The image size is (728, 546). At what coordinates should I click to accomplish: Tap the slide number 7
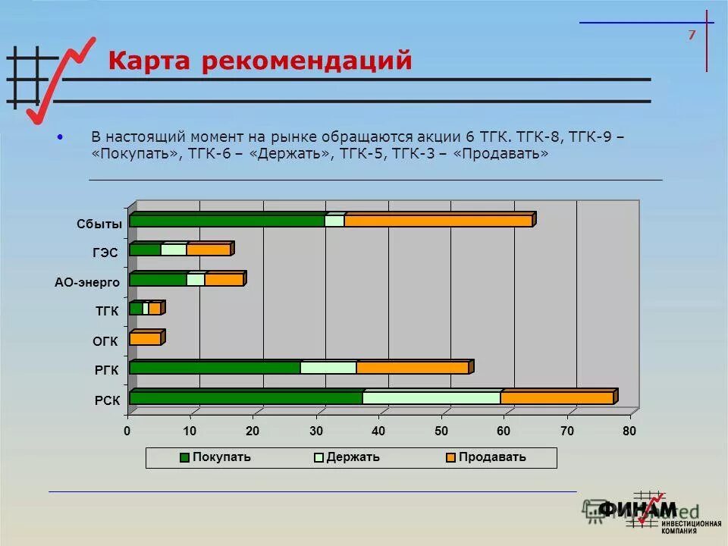click(691, 35)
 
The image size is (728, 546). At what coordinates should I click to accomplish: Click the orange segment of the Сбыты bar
click(438, 221)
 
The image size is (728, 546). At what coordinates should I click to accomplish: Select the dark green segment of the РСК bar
click(245, 398)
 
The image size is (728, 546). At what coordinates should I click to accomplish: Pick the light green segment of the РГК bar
click(328, 368)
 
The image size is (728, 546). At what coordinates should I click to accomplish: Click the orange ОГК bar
click(145, 339)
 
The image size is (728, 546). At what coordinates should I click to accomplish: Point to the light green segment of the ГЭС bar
click(173, 249)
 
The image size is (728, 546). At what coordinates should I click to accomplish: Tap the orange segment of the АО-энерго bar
click(223, 280)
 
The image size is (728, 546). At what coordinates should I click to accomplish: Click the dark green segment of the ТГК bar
click(136, 309)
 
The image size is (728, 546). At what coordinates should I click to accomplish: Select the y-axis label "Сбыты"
click(99, 224)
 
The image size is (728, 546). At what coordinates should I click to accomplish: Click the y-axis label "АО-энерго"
click(86, 282)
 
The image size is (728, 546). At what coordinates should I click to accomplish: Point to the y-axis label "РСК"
click(107, 400)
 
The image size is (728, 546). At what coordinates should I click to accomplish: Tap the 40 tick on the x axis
click(378, 431)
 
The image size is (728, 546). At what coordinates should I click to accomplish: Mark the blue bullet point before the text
click(60, 137)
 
